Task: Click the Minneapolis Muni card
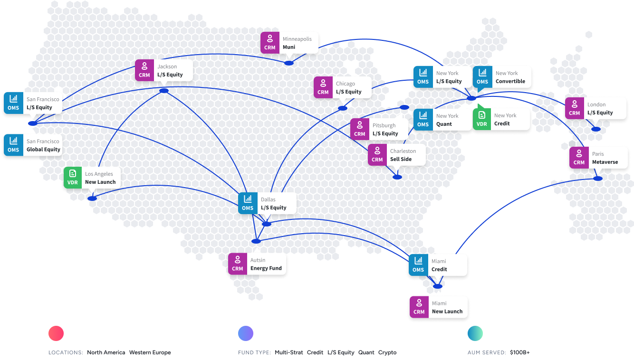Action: click(289, 43)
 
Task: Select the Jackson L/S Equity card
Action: click(164, 70)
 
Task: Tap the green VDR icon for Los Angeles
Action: click(73, 178)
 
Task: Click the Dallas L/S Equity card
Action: click(267, 203)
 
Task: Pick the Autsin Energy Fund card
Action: click(257, 264)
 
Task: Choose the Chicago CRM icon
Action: click(323, 87)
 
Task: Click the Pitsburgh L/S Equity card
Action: click(379, 129)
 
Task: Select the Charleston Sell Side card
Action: click(397, 155)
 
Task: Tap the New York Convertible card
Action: click(502, 77)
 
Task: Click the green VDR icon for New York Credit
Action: click(482, 119)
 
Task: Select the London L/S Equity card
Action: click(596, 108)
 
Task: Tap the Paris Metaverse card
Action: click(599, 158)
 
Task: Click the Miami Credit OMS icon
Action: click(418, 265)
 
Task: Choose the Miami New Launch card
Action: click(439, 307)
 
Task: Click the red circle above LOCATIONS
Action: click(56, 333)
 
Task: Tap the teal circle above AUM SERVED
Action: click(475, 333)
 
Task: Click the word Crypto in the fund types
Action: click(387, 352)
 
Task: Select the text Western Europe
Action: click(150, 352)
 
